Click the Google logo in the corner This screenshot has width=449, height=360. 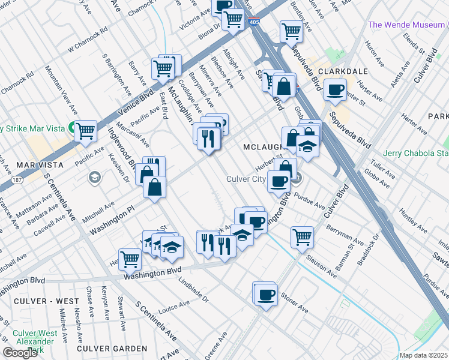coord(20,353)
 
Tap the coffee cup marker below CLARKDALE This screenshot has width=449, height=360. coord(335,90)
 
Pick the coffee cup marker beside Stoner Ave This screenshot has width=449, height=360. coord(266,295)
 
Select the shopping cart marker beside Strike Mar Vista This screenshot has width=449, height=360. coord(86,130)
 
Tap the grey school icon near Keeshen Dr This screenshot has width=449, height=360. coord(94,178)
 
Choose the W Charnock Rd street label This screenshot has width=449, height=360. coord(88,38)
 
